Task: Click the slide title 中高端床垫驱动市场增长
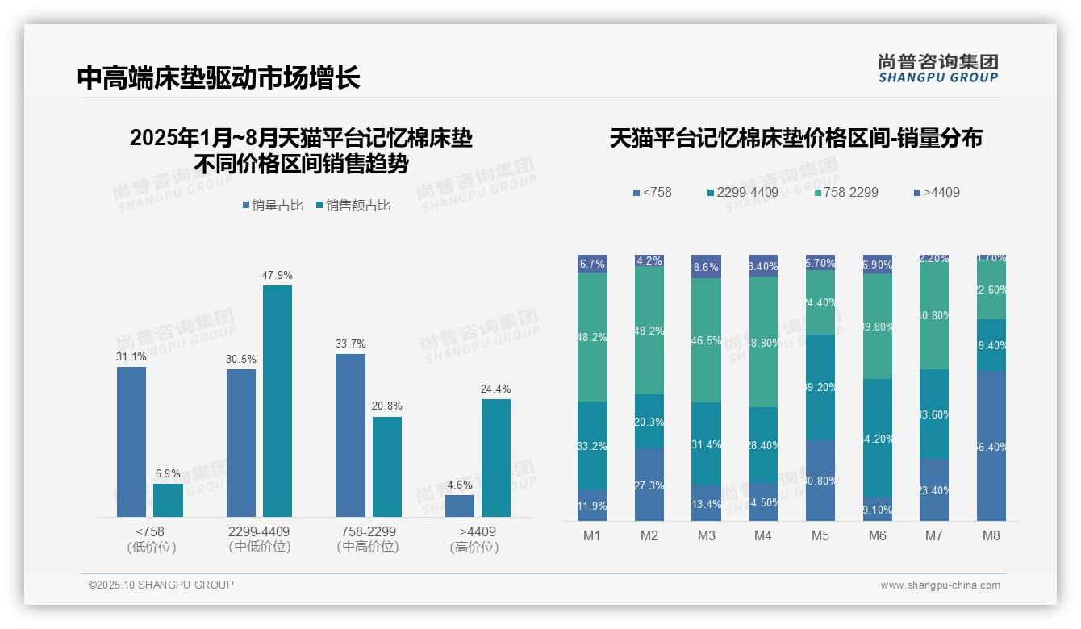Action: [x=219, y=78]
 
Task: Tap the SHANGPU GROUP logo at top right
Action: [x=937, y=68]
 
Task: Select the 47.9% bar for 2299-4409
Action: [x=277, y=401]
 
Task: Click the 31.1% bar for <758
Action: [x=131, y=442]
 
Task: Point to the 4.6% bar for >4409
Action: [x=460, y=506]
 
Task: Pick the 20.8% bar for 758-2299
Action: [x=387, y=466]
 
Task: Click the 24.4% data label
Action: [x=495, y=389]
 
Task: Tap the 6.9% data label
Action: [x=168, y=473]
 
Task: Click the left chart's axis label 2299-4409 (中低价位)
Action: [x=259, y=539]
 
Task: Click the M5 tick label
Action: [x=820, y=536]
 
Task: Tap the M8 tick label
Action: [x=991, y=536]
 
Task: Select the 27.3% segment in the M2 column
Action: [x=649, y=485]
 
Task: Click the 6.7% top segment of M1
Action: [x=592, y=264]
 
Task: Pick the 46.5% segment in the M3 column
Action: [x=706, y=340]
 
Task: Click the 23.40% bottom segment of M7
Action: [x=934, y=489]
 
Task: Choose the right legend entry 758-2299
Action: [x=846, y=193]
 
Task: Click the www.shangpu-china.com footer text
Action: [x=940, y=585]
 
